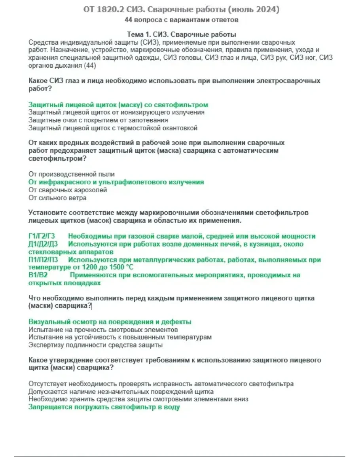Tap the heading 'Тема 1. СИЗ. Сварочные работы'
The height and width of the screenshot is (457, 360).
(182, 34)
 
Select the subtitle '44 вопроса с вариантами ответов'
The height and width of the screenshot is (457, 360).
(181, 19)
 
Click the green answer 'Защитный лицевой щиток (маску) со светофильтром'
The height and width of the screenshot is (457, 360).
(118, 105)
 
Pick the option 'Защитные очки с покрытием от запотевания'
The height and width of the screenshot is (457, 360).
(99, 120)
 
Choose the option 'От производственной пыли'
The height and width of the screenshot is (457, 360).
(72, 174)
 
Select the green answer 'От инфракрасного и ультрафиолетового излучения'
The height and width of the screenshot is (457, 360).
(116, 182)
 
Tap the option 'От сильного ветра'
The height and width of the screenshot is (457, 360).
(57, 197)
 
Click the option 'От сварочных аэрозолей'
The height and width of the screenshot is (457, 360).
(68, 190)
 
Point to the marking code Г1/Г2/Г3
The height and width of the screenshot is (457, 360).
(42, 236)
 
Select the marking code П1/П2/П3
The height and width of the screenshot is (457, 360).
(43, 260)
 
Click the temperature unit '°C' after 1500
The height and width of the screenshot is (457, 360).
(129, 267)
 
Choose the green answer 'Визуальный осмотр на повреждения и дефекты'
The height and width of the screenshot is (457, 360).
(110, 322)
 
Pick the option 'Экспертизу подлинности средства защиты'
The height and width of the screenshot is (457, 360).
(95, 345)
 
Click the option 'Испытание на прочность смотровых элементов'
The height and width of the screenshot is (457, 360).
(103, 330)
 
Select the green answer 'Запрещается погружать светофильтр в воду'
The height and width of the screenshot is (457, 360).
(104, 407)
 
